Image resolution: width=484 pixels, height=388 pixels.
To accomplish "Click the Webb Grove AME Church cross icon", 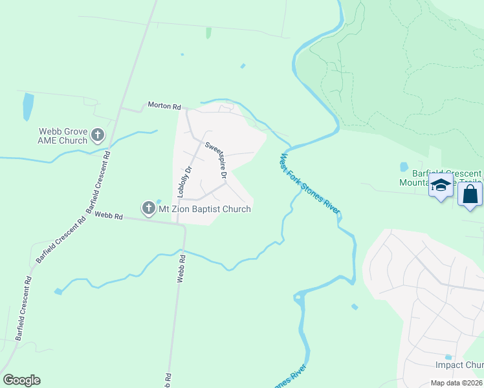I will tap(98, 135).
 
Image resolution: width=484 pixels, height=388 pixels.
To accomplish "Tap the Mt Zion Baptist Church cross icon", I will tap(148, 208).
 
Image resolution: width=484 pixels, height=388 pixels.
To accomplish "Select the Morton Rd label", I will tap(163, 105).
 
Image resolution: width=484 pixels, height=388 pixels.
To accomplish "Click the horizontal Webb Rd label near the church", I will tap(108, 216).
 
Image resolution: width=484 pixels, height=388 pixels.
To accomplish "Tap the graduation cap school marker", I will tap(441, 186).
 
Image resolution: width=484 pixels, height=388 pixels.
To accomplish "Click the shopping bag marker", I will tap(470, 194).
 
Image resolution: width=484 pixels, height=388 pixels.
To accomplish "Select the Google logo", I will tap(21, 380).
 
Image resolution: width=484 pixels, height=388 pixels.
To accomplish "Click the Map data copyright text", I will tap(448, 383).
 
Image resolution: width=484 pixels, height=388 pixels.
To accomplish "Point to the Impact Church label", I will tap(459, 365).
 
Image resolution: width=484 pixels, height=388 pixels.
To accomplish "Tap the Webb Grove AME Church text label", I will tap(63, 136).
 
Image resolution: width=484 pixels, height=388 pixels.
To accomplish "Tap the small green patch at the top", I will tap(208, 32).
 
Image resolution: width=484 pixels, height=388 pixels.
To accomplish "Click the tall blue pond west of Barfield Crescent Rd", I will tap(28, 107).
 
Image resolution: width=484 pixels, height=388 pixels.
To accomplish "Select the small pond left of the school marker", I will tap(404, 166).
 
